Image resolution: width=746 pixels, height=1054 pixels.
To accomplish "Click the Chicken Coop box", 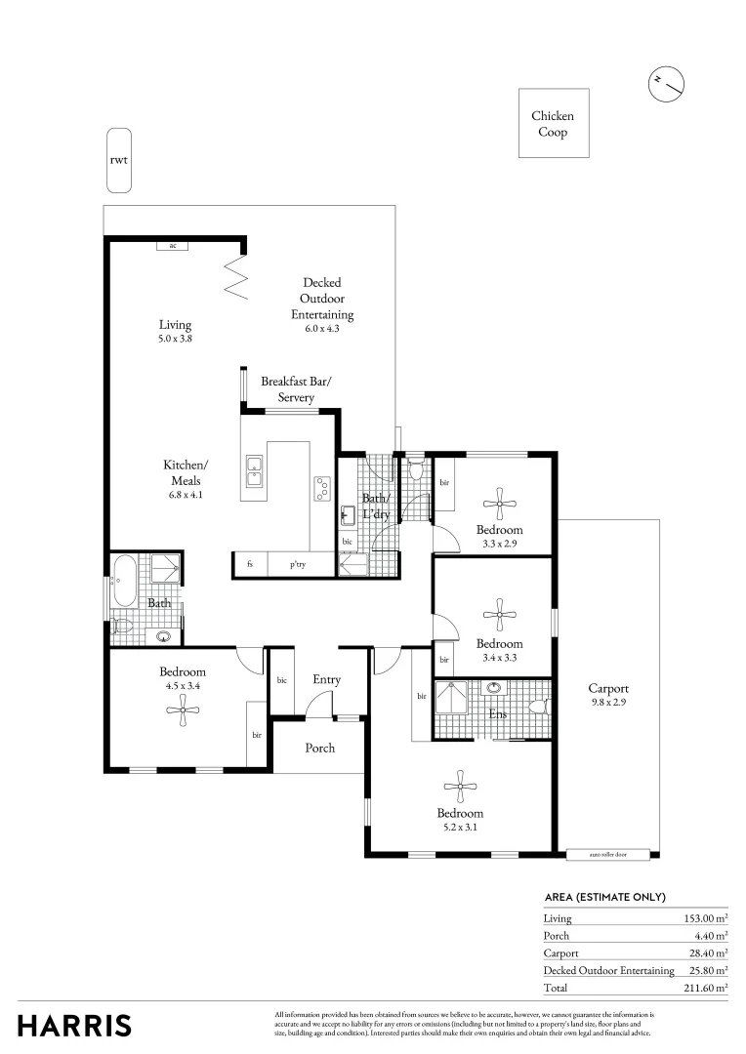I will (x=553, y=123).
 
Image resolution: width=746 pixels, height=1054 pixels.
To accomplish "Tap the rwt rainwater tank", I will (x=118, y=160).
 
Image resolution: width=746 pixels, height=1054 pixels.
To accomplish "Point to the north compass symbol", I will (x=666, y=84).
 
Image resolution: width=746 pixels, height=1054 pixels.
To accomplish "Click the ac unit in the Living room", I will (x=173, y=246).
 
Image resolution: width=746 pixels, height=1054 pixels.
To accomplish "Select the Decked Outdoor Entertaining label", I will (x=321, y=299).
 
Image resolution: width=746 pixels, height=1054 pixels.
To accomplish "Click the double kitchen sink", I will (x=254, y=472).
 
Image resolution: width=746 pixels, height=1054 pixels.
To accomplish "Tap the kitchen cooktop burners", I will (x=321, y=488).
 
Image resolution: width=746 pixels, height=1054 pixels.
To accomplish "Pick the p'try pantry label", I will (x=298, y=564).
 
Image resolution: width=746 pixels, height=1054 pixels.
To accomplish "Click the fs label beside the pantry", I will (x=250, y=564).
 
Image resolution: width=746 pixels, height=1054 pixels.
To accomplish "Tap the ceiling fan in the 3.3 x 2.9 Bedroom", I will (x=500, y=505).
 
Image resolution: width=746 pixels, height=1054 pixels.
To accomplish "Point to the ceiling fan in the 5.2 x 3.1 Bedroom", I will (x=459, y=787).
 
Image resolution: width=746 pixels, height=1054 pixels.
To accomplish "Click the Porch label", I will (x=320, y=748).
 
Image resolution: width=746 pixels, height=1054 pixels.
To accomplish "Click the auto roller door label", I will (x=608, y=854).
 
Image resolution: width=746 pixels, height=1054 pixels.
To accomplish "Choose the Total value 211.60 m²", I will (x=705, y=988).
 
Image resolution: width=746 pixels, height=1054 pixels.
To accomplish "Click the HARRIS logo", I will (x=74, y=1026).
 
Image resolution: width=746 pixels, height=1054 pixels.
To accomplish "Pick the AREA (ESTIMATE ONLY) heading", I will (x=604, y=897).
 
